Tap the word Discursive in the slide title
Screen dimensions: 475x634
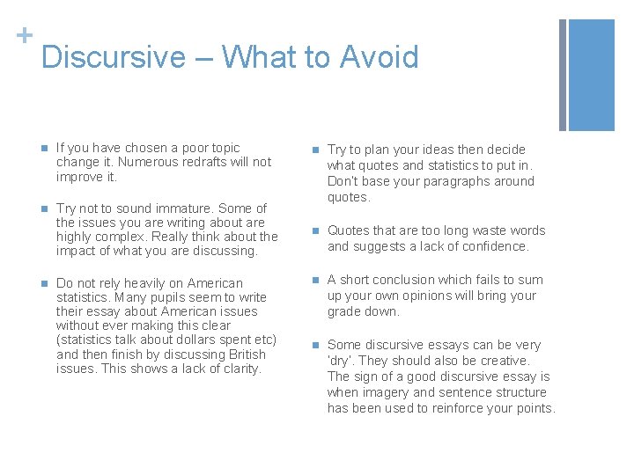click(x=114, y=57)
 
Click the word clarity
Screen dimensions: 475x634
click(x=240, y=369)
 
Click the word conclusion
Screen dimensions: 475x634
click(x=402, y=280)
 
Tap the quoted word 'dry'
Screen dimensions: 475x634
click(x=340, y=361)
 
